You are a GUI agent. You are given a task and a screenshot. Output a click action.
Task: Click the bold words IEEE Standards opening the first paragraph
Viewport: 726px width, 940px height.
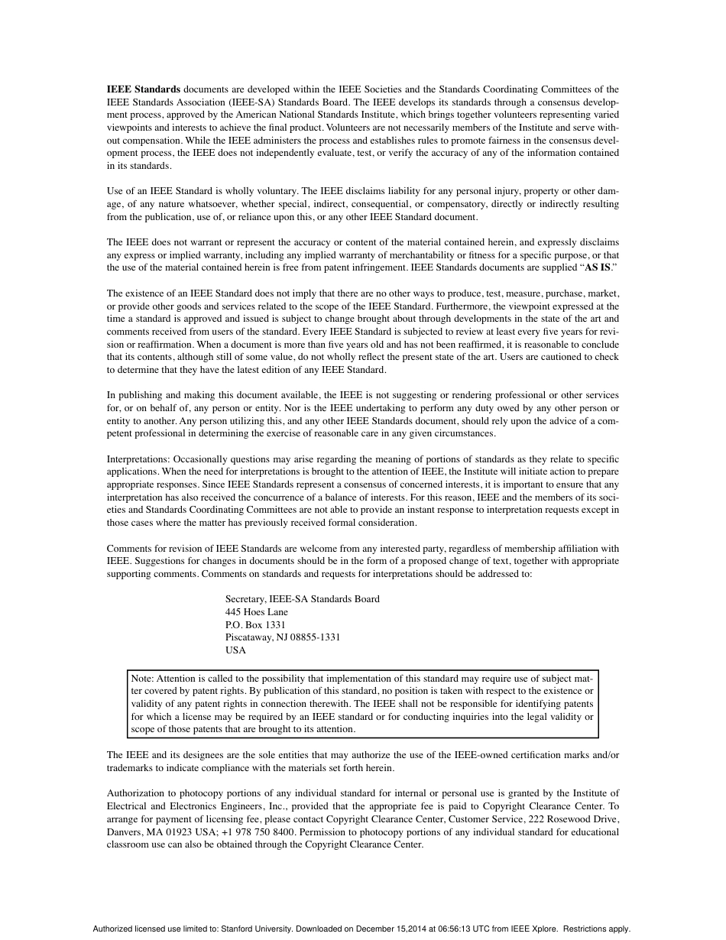coord(144,89)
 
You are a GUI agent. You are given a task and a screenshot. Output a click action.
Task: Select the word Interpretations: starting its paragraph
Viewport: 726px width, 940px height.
coord(138,459)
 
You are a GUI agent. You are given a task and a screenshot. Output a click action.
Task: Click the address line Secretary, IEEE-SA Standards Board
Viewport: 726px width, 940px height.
coord(302,599)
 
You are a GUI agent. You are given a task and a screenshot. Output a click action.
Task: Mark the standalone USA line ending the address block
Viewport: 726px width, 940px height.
coord(235,650)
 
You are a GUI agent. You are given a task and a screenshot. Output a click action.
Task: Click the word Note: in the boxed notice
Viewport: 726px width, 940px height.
coord(142,678)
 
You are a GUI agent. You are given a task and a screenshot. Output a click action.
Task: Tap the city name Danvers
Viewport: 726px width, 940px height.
coord(124,832)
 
